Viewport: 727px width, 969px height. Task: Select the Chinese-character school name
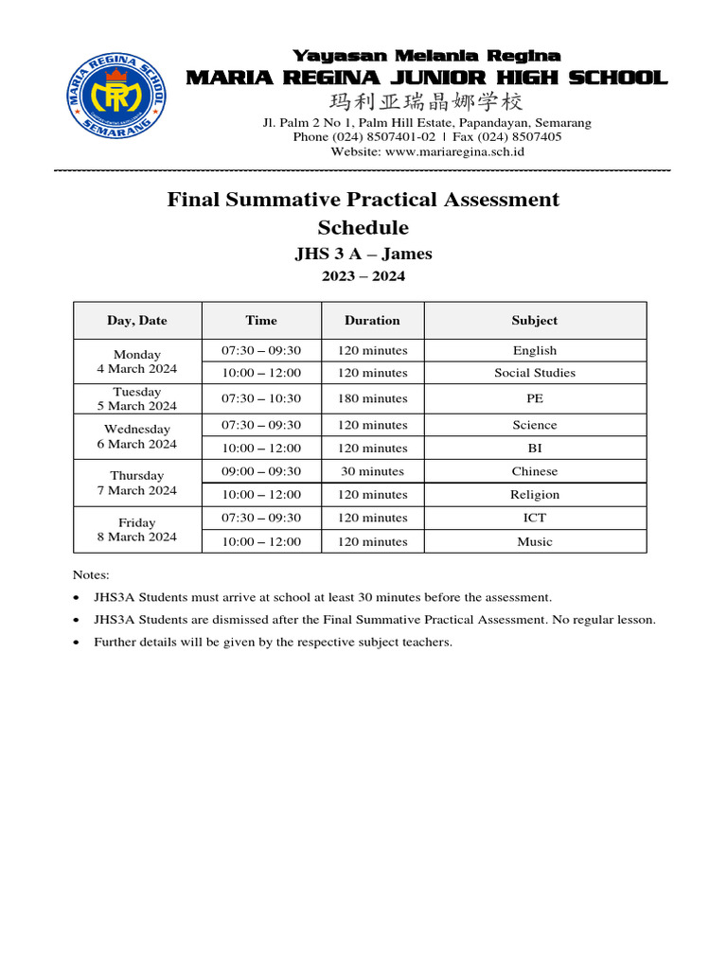click(x=426, y=102)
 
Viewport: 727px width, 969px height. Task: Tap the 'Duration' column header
click(x=372, y=321)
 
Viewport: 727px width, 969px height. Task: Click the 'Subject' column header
click(x=535, y=321)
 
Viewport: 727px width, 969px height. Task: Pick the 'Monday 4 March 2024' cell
click(x=137, y=361)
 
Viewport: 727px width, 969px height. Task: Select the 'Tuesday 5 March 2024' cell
click(x=137, y=398)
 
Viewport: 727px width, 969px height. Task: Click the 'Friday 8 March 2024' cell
click(x=137, y=530)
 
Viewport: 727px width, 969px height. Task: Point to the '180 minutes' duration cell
click(x=372, y=398)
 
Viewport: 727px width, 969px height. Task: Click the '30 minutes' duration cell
click(x=372, y=471)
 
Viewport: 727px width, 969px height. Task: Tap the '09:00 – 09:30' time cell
click(x=261, y=471)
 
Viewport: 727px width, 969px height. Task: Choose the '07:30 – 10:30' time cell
click(x=261, y=398)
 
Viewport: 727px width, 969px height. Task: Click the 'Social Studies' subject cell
click(x=535, y=373)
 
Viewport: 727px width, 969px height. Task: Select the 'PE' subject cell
click(x=535, y=398)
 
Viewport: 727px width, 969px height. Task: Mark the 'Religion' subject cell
click(x=535, y=494)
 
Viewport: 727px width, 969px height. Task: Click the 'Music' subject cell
click(x=535, y=541)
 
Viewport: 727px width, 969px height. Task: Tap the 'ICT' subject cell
click(x=535, y=518)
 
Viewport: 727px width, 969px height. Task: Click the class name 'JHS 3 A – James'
click(x=363, y=254)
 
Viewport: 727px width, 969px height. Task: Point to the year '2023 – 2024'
click(x=363, y=276)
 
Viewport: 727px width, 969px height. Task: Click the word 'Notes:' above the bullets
click(x=91, y=574)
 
